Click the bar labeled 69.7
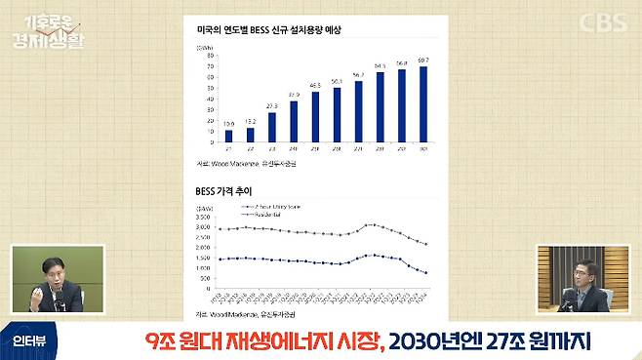click(423, 104)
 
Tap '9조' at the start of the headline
click(159, 340)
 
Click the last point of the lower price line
click(426, 273)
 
